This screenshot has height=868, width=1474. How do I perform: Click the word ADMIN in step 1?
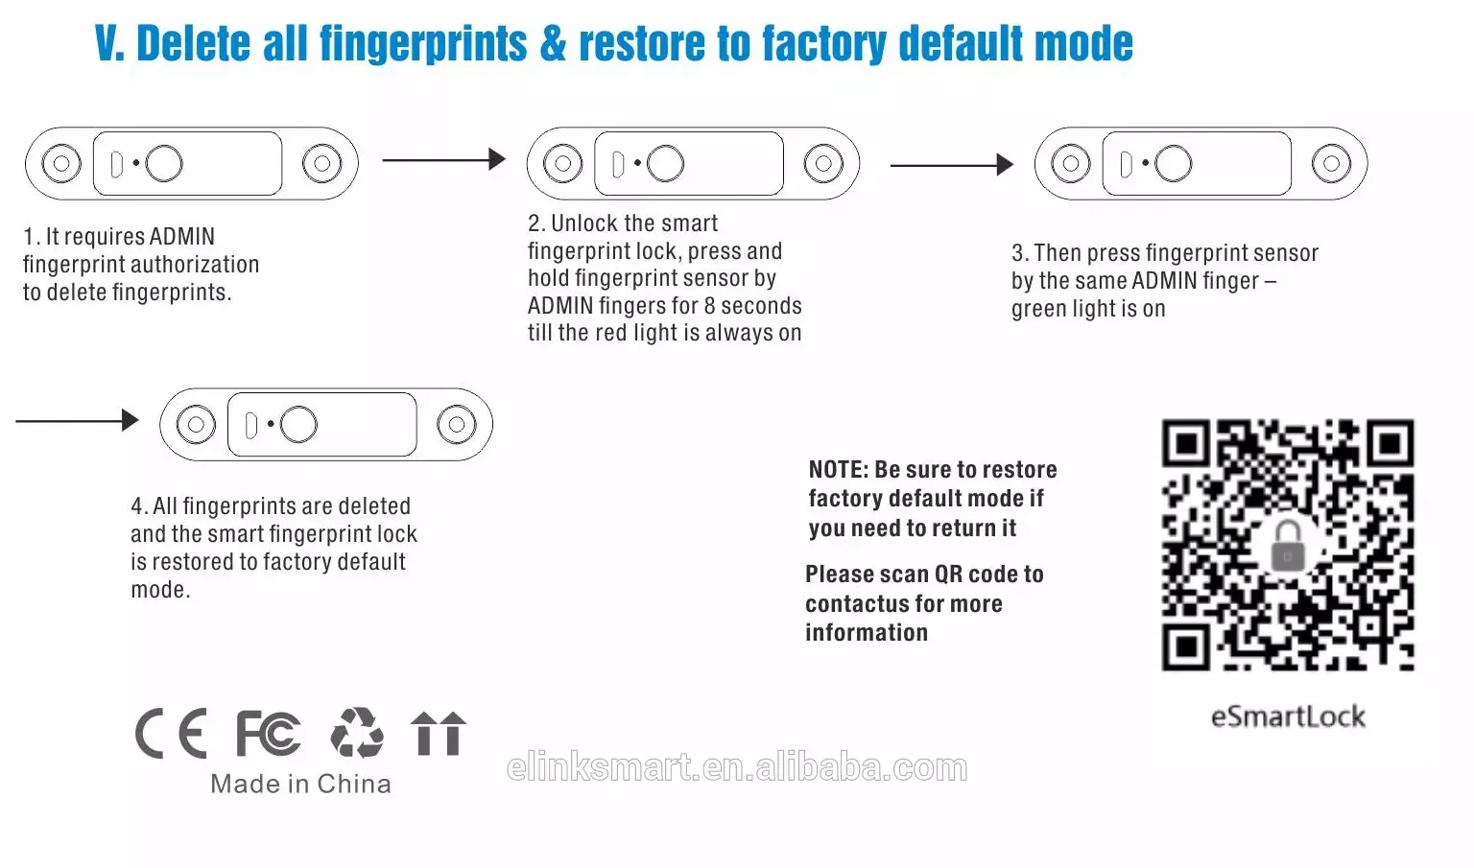coord(182,237)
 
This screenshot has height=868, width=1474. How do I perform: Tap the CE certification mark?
coord(171,734)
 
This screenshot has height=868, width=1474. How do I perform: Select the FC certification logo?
coord(268,734)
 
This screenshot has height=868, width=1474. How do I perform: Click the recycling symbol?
coord(356,734)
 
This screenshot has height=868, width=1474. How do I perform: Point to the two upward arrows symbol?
coord(439,734)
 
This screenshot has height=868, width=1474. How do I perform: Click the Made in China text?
coord(300,785)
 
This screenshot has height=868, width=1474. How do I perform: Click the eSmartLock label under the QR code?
coord(1288,716)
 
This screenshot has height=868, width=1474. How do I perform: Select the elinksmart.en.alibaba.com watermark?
coord(736,767)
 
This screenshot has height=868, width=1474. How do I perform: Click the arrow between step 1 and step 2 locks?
coord(443,160)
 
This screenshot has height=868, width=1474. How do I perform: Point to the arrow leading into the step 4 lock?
coord(77,420)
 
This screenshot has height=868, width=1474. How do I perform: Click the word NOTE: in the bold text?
coord(838,470)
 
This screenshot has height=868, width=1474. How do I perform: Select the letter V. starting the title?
coord(109,44)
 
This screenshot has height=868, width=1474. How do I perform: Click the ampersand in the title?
coord(553,44)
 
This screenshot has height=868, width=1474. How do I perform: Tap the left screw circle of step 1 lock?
coord(61,164)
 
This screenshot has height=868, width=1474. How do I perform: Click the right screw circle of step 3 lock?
coord(1331,164)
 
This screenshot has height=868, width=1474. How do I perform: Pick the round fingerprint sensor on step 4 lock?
coord(298,425)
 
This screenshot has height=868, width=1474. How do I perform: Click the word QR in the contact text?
coord(948,575)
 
